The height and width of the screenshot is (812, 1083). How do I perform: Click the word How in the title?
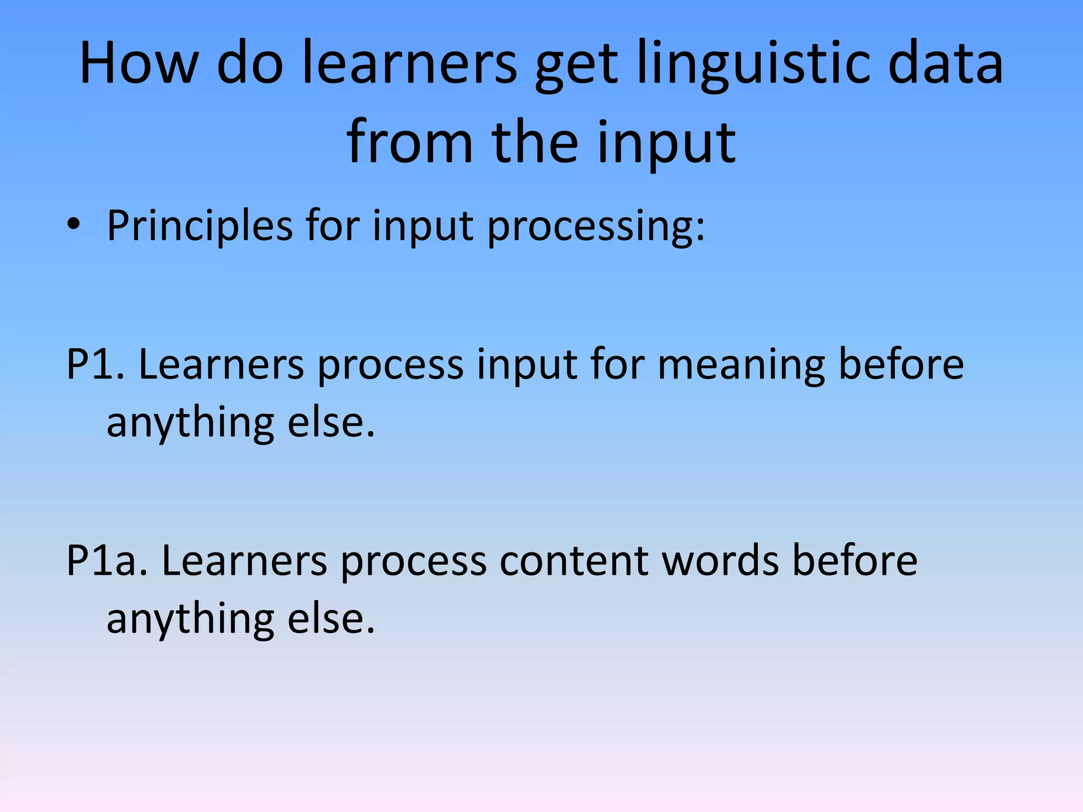point(139,63)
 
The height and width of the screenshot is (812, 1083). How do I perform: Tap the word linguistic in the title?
point(753,63)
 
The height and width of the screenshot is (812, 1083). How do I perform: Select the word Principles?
point(200,226)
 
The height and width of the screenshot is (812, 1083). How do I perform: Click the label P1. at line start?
point(95,365)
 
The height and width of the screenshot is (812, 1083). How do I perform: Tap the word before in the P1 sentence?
point(901,365)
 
